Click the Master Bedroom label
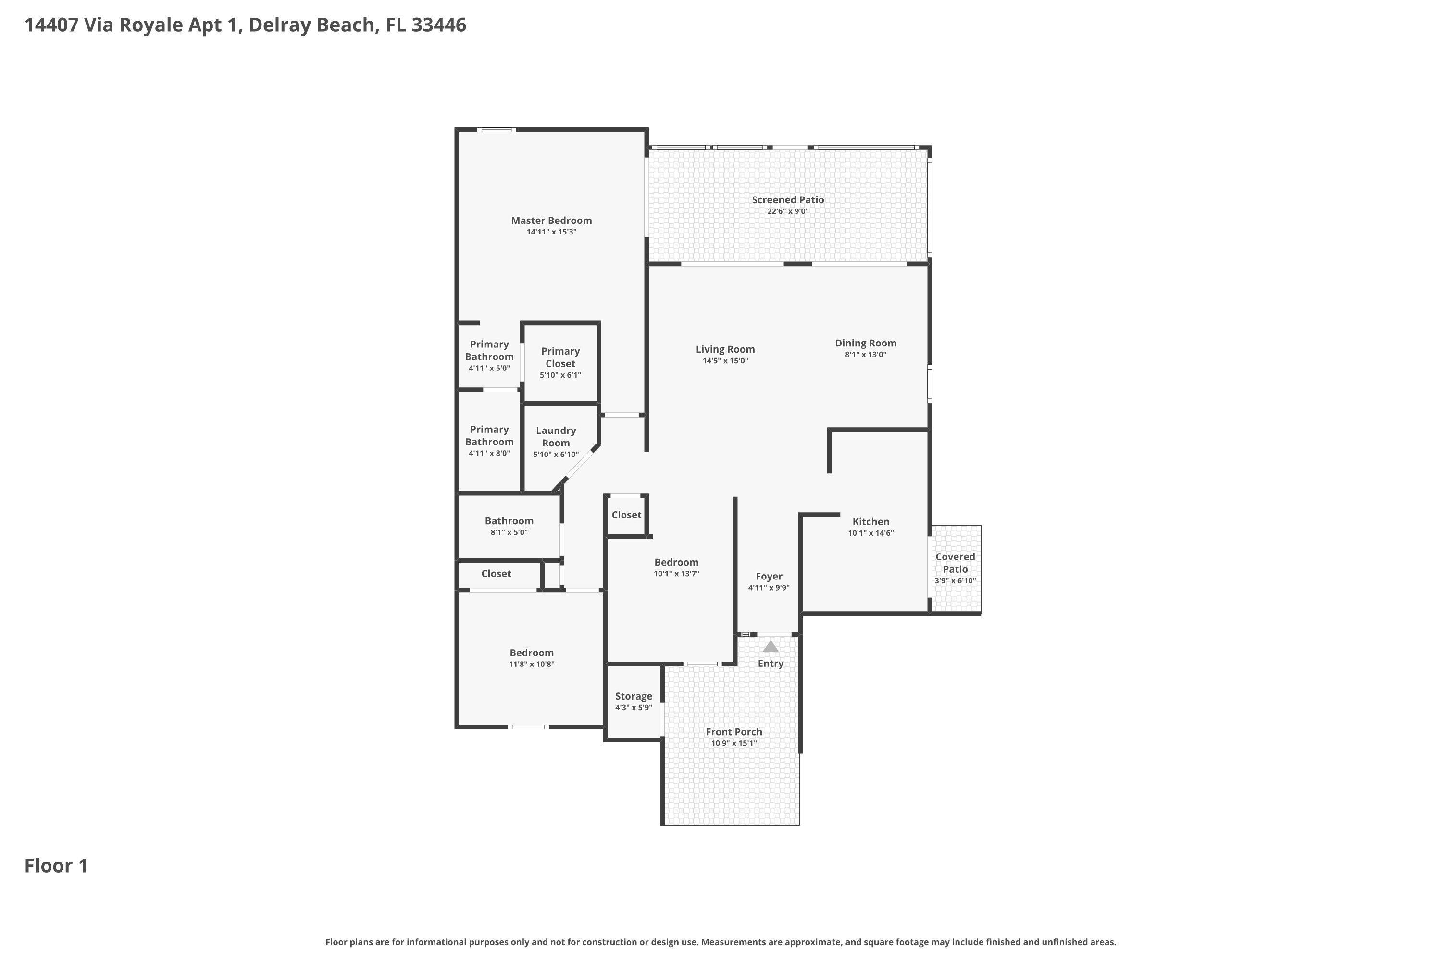[551, 221]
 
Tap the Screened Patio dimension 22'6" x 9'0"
[788, 211]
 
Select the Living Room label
[725, 349]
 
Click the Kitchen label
[870, 521]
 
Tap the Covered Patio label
[955, 563]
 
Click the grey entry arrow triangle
[771, 647]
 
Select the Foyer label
[769, 576]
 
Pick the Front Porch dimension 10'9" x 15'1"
[734, 743]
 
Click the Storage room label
[634, 696]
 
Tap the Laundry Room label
[556, 436]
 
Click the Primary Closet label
[560, 357]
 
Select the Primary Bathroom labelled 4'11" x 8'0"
[489, 436]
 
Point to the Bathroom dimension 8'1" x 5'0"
[509, 532]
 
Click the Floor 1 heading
[56, 865]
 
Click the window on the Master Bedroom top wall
[497, 130]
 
